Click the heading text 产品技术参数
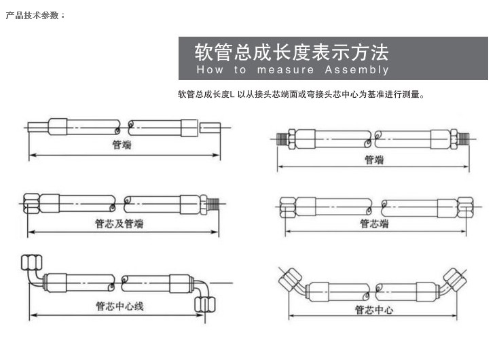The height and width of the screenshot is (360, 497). click(x=33, y=15)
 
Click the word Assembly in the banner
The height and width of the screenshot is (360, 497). click(x=356, y=69)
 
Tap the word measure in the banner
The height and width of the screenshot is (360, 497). click(x=285, y=70)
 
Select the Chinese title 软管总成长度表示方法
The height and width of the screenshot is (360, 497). click(x=291, y=52)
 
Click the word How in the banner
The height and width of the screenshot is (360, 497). click(x=210, y=69)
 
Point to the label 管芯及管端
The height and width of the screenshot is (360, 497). click(x=119, y=223)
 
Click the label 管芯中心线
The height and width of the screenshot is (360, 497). click(x=119, y=306)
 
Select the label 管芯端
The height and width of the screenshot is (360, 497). click(x=374, y=223)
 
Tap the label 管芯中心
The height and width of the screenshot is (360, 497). click(x=374, y=310)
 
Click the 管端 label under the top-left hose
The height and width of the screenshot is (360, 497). click(x=122, y=145)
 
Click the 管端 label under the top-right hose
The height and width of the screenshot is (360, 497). click(x=374, y=160)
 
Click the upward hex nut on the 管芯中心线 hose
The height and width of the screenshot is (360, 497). click(x=32, y=263)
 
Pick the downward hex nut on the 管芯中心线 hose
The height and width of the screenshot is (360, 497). click(x=205, y=305)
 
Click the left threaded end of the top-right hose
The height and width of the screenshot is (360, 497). click(x=282, y=139)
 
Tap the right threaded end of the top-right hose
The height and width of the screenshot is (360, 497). click(x=464, y=139)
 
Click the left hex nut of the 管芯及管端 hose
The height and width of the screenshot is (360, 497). click(x=31, y=203)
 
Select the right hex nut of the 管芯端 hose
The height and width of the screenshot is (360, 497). click(x=465, y=206)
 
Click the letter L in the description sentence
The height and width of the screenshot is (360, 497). click(x=232, y=94)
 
